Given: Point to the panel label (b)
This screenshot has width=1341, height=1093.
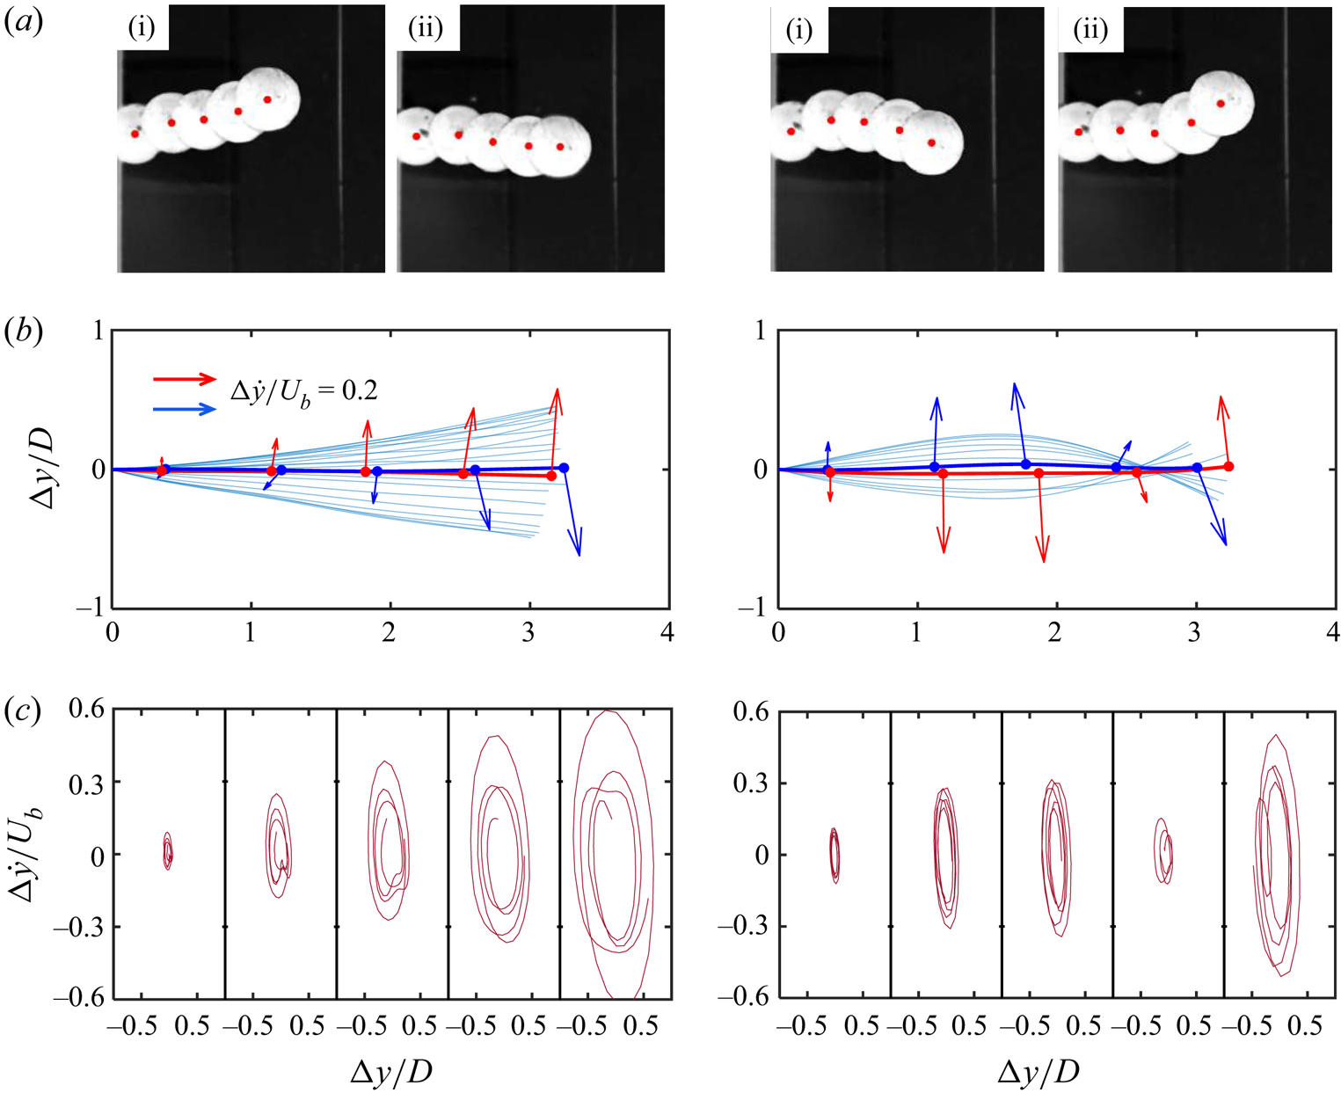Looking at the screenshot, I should [24, 334].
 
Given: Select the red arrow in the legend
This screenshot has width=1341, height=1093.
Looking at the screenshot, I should [185, 379].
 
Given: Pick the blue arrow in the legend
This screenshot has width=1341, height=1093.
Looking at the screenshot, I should [185, 409].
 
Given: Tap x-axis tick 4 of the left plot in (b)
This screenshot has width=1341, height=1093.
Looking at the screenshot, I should [667, 632].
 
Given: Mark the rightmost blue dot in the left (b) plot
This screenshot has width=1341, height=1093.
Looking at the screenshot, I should [564, 468].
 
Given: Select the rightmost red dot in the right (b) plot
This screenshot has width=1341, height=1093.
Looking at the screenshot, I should [1228, 466].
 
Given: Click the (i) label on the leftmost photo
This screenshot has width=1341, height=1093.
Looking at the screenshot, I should [142, 28].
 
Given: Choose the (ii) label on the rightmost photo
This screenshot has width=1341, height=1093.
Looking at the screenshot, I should [1090, 31].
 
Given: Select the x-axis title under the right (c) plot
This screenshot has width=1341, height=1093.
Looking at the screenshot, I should [1039, 1072].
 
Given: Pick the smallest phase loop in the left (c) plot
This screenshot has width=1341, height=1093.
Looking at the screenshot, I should [167, 850].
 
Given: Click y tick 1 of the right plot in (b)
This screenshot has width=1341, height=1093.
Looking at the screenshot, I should [759, 332].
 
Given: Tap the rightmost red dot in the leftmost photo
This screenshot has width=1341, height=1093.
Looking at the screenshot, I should [268, 99].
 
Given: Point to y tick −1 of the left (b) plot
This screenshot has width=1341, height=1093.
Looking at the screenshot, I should [89, 608].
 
